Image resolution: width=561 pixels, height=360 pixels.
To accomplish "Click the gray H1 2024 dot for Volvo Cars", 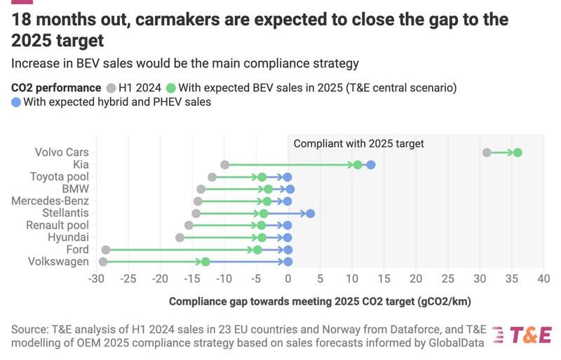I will pos(487,152).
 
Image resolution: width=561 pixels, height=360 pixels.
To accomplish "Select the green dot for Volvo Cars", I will pos(518,152).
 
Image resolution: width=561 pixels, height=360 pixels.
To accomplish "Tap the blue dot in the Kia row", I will pos(371,165).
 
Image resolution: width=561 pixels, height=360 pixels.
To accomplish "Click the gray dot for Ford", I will pos(106,250).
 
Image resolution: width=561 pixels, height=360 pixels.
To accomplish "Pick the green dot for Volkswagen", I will pos(205,262).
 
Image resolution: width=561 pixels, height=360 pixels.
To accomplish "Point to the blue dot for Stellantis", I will pos(311,213).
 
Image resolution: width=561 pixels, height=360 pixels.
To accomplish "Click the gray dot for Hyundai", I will pos(180,238).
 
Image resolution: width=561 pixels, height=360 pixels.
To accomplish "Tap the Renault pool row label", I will pos(58,225).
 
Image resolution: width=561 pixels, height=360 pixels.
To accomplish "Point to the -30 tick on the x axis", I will pos(95,279).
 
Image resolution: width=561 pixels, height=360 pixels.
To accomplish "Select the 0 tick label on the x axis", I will pos(288,279).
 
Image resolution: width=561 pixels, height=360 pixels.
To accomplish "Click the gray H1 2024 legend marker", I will pos(111,88).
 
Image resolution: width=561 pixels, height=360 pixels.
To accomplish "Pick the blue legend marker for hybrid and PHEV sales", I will pos(17,102).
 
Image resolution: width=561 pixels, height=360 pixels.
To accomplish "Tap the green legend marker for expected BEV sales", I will pos(170,88).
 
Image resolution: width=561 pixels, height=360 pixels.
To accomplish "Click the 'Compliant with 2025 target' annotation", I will pos(358,144).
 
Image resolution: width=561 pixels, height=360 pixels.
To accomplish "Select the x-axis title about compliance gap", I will pos(320,302).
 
